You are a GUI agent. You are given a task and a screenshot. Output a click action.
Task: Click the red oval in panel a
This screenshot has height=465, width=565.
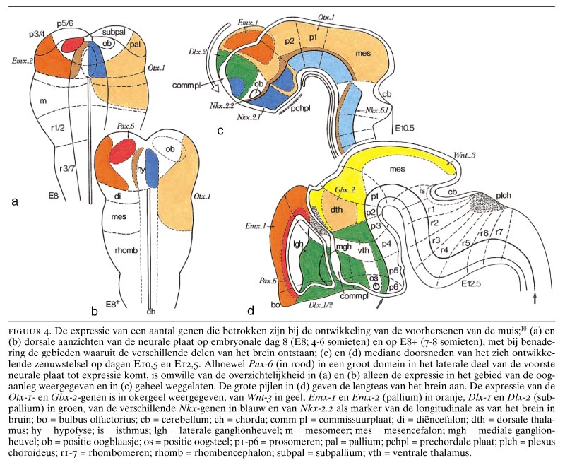[x=74, y=44]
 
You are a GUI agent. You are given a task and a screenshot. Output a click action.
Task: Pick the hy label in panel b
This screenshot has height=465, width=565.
[x=141, y=170]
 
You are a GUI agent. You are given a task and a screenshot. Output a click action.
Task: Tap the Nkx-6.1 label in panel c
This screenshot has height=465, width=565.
[x=374, y=111]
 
